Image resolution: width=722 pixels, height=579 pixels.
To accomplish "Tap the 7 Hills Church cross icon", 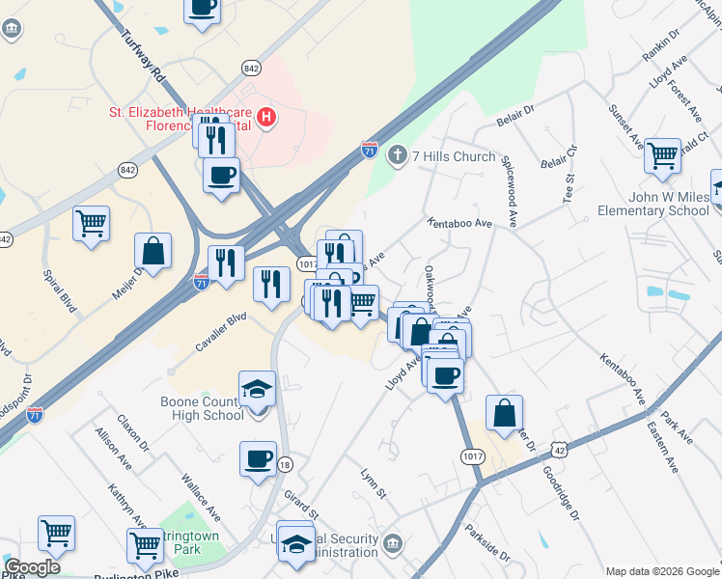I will [397, 155].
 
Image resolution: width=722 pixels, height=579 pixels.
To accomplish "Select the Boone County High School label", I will [209, 408].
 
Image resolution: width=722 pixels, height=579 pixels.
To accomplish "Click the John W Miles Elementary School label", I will [653, 204].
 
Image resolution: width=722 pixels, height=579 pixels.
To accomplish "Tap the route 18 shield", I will [285, 464].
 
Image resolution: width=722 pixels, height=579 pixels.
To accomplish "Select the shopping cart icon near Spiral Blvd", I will [91, 225].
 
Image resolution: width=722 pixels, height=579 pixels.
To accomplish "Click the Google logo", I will [32, 567].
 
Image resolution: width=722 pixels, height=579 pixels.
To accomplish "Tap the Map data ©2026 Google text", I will [661, 571].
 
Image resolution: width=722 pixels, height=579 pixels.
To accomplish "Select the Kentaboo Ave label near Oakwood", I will [461, 223].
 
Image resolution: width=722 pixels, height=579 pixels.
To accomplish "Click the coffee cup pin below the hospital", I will [222, 176].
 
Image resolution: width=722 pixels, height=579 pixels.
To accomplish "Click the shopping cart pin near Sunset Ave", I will [662, 154].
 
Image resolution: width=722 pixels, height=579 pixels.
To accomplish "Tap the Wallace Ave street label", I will [201, 492].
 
